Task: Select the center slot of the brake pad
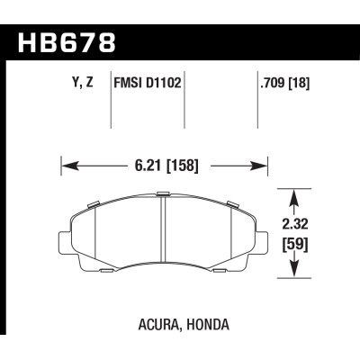[x=162, y=234]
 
